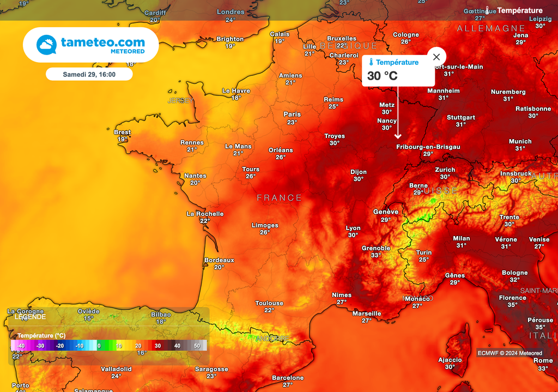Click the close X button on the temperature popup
point(436,57)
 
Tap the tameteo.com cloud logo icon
point(46,45)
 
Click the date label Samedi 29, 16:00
point(89,74)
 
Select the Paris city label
point(292,114)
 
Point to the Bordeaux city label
point(219,260)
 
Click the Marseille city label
point(367,313)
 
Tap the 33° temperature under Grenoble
point(376,255)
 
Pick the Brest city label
point(122,132)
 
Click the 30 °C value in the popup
point(383,76)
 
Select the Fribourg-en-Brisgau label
point(428,147)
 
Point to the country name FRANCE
point(279,198)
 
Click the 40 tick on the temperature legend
point(177,346)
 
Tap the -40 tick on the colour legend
point(21,346)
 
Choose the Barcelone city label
point(288,378)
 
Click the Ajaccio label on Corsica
point(450,360)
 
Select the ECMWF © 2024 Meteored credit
point(510,353)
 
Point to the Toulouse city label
point(269,303)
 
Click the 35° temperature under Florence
point(512,305)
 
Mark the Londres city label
point(231,12)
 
